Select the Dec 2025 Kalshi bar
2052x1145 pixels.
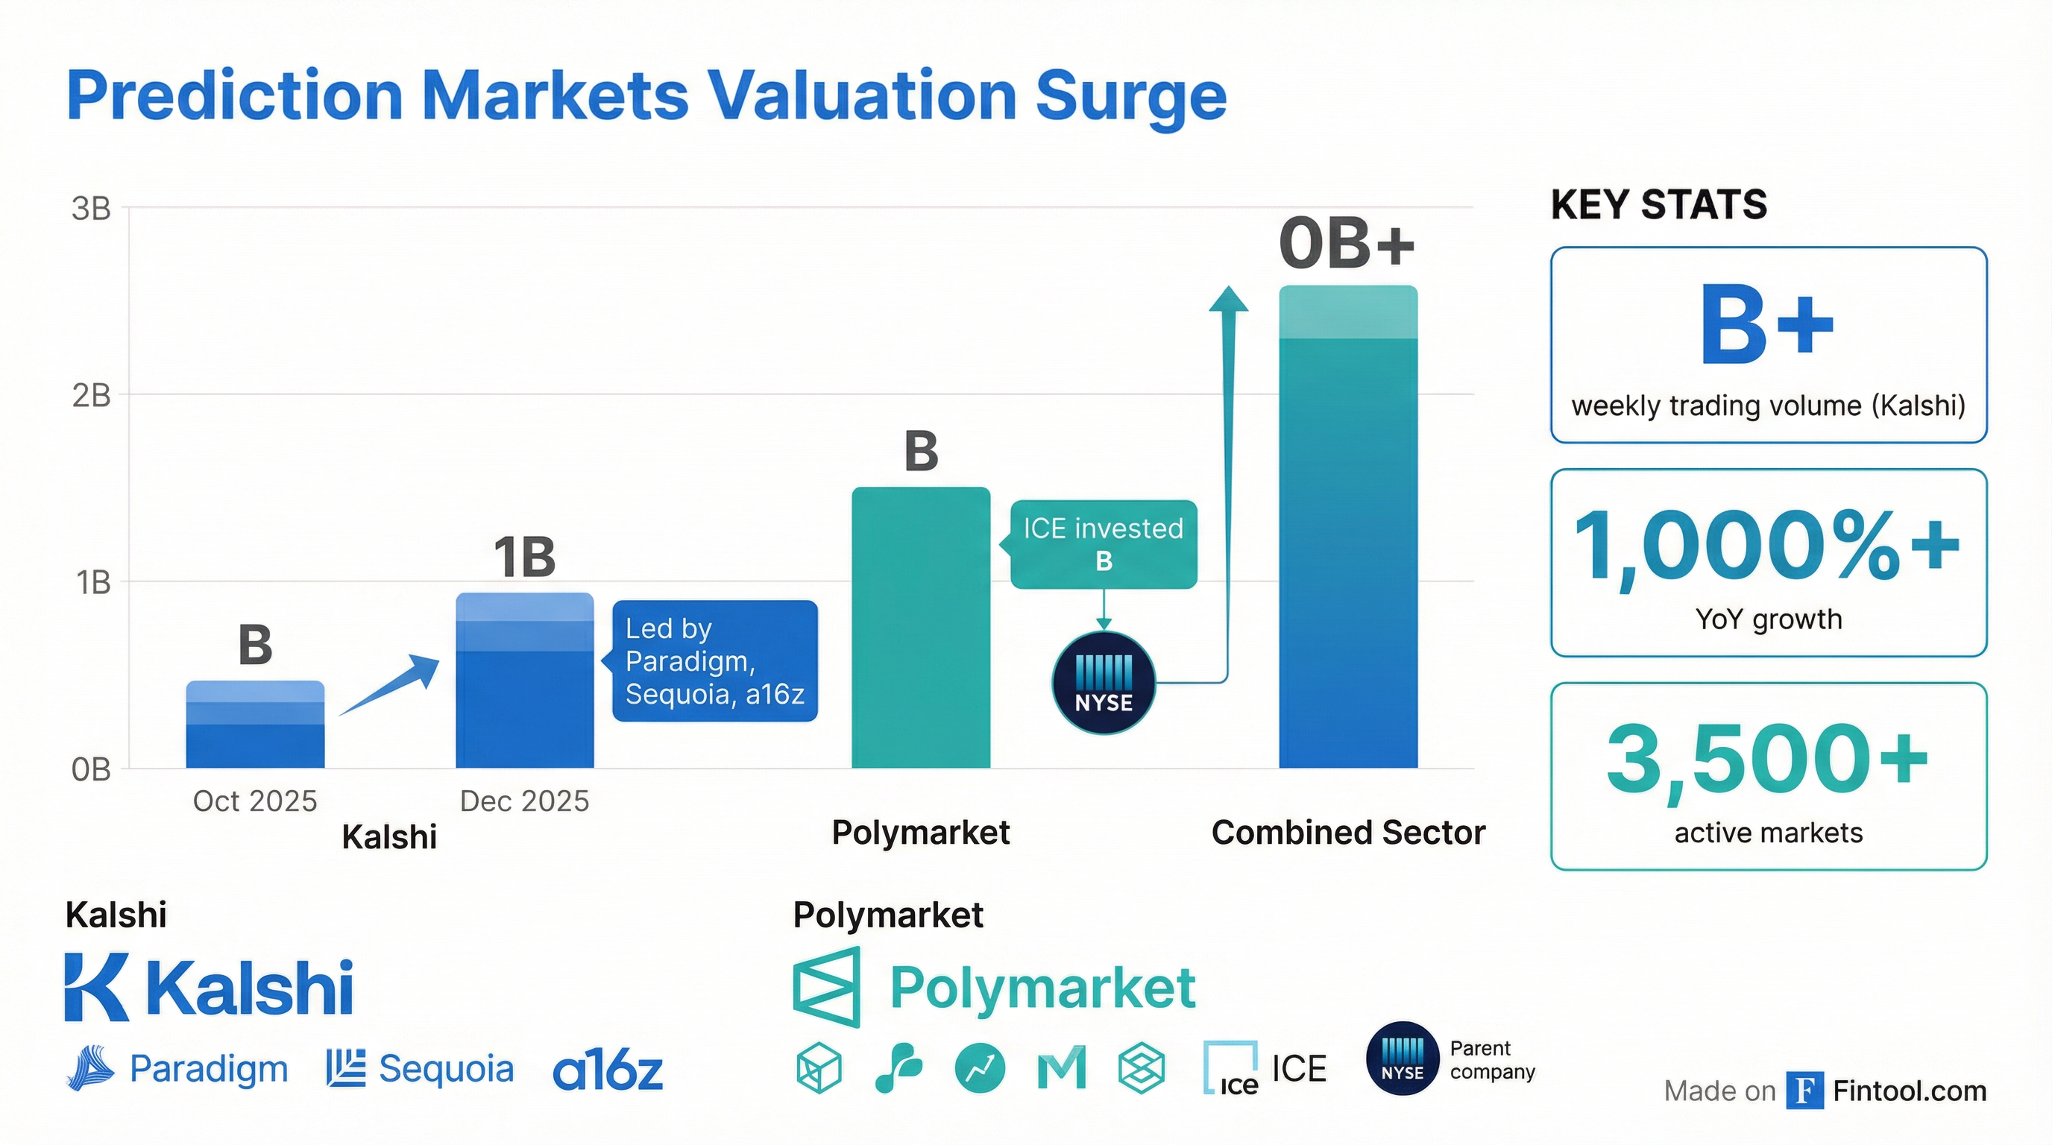[x=524, y=681]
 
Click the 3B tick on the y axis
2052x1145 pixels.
[x=92, y=209]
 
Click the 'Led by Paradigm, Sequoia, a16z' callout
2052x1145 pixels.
[x=714, y=661]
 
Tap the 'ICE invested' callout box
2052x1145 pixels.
[x=1104, y=545]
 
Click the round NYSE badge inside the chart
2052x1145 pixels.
[x=1104, y=683]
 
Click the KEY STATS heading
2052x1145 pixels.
[x=1658, y=205]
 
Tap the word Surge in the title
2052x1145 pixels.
[x=1130, y=96]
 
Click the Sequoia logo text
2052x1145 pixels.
[x=445, y=1068]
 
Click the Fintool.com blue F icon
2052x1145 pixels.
[x=1804, y=1091]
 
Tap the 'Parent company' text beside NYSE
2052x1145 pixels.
[x=1492, y=1060]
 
